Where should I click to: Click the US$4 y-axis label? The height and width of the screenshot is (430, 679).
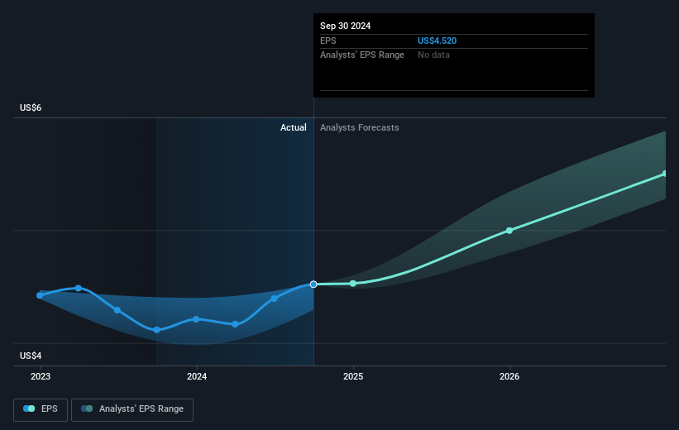tap(32, 356)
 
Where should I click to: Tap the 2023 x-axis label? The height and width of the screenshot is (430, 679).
tap(40, 376)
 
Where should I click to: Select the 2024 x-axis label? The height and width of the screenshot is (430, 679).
tap(197, 376)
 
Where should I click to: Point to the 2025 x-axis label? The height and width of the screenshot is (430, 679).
tap(353, 376)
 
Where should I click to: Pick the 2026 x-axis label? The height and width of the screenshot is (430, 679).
tap(509, 376)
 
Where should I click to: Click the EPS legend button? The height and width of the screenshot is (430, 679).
tap(41, 408)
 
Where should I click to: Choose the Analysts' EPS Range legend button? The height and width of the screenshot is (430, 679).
tap(132, 408)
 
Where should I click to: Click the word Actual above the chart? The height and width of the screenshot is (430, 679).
tap(293, 127)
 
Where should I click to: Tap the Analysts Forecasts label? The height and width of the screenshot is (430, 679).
tap(359, 127)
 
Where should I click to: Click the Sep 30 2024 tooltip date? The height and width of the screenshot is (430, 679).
tap(346, 26)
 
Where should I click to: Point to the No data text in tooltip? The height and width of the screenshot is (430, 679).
tap(434, 55)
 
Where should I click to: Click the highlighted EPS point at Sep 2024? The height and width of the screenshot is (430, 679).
tap(313, 284)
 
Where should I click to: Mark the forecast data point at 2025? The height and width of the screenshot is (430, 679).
tap(353, 284)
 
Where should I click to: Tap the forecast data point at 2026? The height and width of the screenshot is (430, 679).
tap(509, 231)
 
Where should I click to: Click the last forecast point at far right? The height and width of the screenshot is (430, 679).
tap(665, 174)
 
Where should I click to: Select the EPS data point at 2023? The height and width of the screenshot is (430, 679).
tap(40, 295)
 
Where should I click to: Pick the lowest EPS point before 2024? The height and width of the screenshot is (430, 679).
tap(156, 330)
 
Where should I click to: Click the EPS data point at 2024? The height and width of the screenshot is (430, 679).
tap(196, 319)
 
